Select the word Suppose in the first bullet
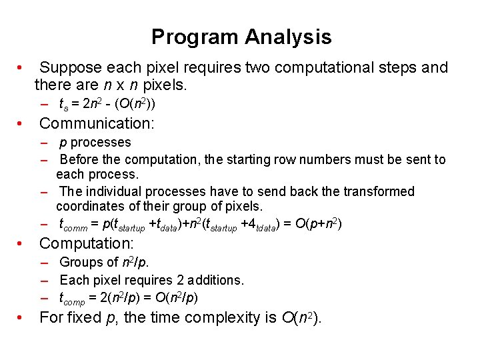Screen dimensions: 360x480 (69, 68)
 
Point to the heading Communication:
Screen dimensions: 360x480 (97, 123)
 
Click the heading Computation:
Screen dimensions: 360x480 (87, 244)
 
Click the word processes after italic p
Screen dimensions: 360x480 (101, 142)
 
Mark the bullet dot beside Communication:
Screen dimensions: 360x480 (21, 123)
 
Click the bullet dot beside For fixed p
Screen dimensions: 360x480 (21, 318)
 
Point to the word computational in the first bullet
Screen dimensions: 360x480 (295, 68)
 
